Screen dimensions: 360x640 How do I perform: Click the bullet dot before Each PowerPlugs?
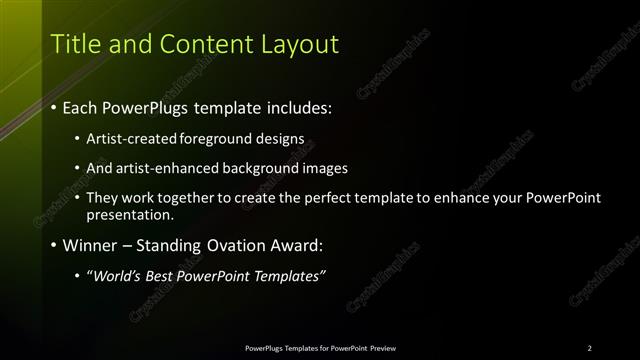[x=53, y=107]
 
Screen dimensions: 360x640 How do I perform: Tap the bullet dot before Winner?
[x=53, y=245]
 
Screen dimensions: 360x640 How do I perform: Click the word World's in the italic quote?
[x=119, y=275]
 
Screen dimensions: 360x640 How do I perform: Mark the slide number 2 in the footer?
[x=589, y=348]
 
